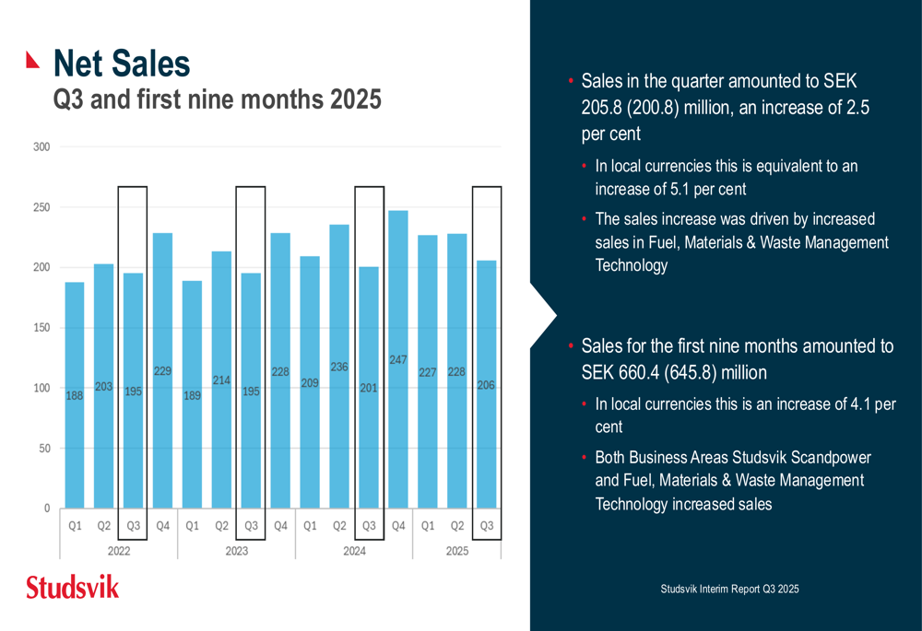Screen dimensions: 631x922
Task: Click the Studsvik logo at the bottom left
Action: [72, 587]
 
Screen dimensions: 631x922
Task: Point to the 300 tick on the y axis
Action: [41, 146]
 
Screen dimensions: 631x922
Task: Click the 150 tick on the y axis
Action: [41, 328]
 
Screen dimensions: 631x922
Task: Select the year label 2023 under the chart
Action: [236, 551]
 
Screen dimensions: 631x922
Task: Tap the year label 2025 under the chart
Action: [456, 551]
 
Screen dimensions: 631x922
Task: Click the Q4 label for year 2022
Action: [163, 527]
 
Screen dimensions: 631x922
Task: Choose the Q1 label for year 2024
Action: [310, 527]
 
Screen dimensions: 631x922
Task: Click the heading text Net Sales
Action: [122, 64]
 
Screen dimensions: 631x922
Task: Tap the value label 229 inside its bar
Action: [162, 371]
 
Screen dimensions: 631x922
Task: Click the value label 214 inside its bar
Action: [221, 380]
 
